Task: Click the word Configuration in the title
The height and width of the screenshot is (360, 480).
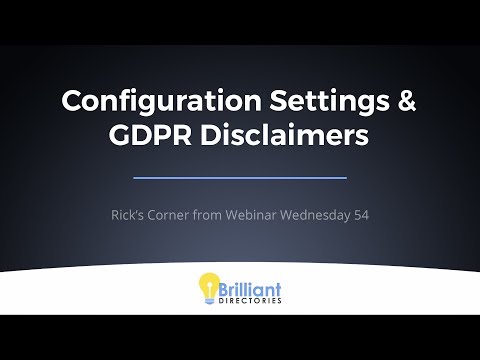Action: [x=161, y=102]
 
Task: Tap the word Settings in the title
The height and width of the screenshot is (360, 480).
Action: [x=329, y=102]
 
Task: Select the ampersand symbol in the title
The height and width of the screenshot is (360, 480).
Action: [x=407, y=100]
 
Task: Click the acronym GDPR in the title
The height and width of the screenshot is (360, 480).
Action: [x=150, y=135]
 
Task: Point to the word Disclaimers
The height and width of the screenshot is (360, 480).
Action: [x=285, y=135]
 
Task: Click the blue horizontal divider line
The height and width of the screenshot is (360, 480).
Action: [x=240, y=178]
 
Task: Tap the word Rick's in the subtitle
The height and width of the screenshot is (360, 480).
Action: [x=127, y=215]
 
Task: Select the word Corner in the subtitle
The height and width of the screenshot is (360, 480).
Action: [x=168, y=215]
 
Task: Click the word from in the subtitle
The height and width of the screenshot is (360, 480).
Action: [x=207, y=215]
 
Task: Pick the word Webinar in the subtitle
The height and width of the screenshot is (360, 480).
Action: [x=251, y=215]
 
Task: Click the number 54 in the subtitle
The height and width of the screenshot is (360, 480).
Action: [x=361, y=215]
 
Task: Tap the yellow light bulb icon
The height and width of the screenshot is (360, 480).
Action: [x=209, y=288]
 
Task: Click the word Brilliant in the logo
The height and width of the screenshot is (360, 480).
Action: [x=250, y=289]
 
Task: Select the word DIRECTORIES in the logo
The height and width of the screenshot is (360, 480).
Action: [x=250, y=301]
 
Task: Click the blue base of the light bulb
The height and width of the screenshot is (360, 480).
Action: [x=209, y=301]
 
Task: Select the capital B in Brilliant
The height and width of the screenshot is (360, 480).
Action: [x=223, y=289]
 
